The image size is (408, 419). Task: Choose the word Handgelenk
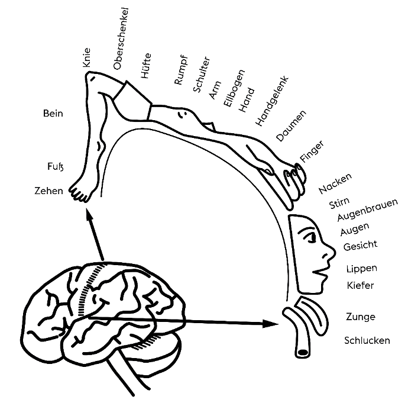(271, 101)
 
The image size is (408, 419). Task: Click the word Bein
(53, 112)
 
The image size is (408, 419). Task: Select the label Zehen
(48, 191)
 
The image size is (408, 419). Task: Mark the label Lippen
(361, 269)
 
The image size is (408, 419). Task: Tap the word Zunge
(360, 317)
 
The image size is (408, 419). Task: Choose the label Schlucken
(367, 340)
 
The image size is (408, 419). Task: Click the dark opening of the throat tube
(303, 353)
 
